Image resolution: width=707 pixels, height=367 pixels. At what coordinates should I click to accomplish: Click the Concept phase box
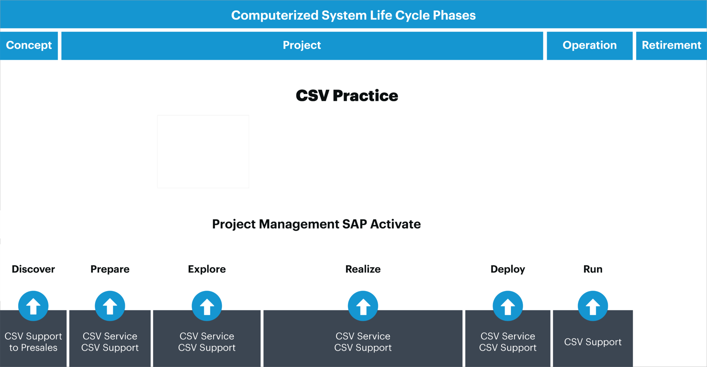(x=29, y=45)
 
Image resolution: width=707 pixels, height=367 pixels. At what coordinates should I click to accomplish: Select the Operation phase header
(x=589, y=45)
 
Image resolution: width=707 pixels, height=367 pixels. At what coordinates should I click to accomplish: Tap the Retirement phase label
(x=671, y=45)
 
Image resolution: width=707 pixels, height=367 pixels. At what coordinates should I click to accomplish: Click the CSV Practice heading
(x=347, y=96)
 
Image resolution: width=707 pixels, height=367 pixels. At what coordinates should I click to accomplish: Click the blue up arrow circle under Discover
(x=33, y=306)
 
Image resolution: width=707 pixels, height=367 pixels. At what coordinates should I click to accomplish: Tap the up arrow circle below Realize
(x=363, y=306)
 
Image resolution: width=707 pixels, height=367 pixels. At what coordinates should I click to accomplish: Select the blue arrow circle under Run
(x=593, y=306)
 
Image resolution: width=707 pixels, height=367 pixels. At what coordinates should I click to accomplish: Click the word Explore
(x=207, y=269)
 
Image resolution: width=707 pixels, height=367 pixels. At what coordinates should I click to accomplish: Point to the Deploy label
(x=507, y=269)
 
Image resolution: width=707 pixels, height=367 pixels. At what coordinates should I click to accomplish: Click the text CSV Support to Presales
(x=33, y=342)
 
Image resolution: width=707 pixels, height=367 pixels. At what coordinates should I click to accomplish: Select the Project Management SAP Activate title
(x=316, y=224)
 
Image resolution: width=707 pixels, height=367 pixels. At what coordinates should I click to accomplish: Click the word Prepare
(x=110, y=269)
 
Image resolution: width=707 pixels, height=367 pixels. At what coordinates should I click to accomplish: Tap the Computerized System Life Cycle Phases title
(x=353, y=15)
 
